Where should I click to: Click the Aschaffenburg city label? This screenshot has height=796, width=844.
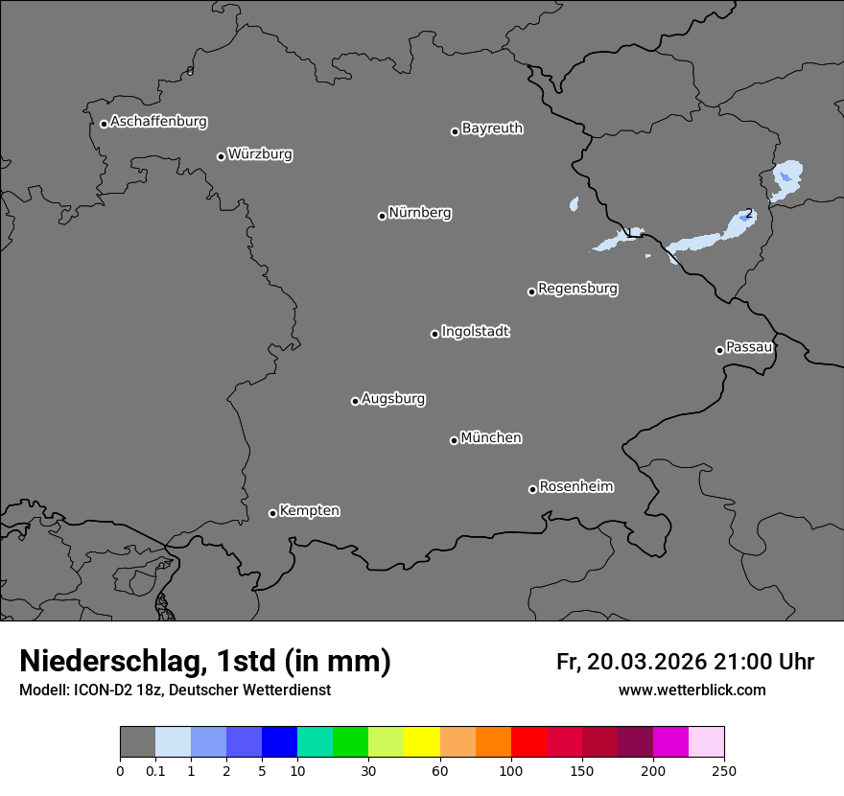tap(158, 122)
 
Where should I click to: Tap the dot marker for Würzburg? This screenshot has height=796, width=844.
tap(221, 156)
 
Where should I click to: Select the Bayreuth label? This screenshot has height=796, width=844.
tap(492, 129)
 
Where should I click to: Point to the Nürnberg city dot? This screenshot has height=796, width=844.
tap(382, 216)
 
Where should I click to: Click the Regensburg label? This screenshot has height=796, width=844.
tap(577, 289)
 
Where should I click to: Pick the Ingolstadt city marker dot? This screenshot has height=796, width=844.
tap(434, 334)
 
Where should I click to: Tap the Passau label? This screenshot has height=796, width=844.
tap(749, 347)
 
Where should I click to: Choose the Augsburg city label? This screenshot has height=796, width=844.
tap(393, 399)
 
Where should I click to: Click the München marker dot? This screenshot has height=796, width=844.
tap(454, 440)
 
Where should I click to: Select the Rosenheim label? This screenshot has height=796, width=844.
tap(575, 486)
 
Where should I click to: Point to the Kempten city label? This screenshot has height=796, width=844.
tap(309, 511)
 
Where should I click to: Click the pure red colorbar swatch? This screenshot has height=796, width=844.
tap(528, 742)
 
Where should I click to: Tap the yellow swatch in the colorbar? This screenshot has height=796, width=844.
tap(422, 742)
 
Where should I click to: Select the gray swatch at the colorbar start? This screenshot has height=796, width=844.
tap(137, 742)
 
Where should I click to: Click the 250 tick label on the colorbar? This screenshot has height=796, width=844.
tap(724, 770)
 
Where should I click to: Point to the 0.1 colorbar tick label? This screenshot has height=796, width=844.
tap(155, 770)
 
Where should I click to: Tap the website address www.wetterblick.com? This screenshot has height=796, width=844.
tap(692, 690)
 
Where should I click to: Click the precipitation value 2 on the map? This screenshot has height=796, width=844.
tap(748, 214)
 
